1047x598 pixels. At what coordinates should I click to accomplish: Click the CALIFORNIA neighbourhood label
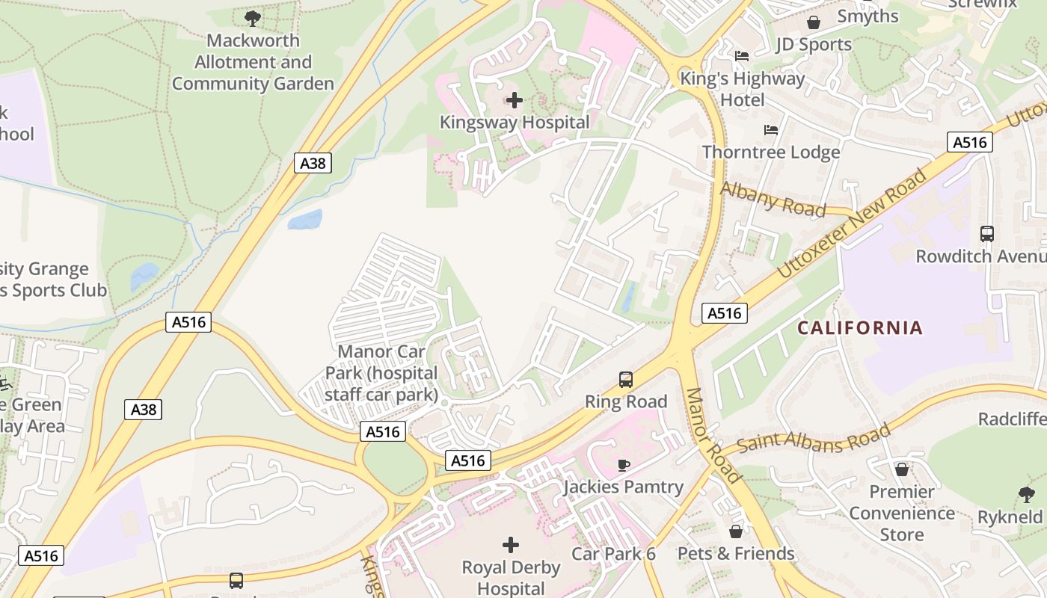pyautogui.click(x=859, y=327)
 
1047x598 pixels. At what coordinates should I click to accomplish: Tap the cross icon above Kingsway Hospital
pyautogui.click(x=515, y=99)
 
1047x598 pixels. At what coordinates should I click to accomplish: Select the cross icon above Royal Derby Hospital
pyautogui.click(x=511, y=545)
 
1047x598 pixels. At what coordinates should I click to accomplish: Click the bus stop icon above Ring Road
pyautogui.click(x=626, y=380)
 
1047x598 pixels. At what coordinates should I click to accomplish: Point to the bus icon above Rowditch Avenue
pyautogui.click(x=986, y=234)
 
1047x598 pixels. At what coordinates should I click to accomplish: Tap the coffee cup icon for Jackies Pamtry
pyautogui.click(x=623, y=466)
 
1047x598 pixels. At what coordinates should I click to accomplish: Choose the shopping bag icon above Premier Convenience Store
pyautogui.click(x=902, y=469)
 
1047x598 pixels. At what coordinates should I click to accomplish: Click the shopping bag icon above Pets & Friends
pyautogui.click(x=736, y=531)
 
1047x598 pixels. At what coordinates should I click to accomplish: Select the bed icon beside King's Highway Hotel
pyautogui.click(x=742, y=56)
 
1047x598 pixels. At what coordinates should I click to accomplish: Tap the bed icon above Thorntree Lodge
pyautogui.click(x=771, y=130)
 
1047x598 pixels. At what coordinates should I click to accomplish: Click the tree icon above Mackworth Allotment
pyautogui.click(x=253, y=18)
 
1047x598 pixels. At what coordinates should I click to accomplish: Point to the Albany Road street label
pyautogui.click(x=773, y=199)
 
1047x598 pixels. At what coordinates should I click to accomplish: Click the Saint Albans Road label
pyautogui.click(x=814, y=438)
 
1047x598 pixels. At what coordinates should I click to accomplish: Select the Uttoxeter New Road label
pyautogui.click(x=853, y=224)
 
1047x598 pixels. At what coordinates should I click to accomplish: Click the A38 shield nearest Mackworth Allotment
pyautogui.click(x=313, y=163)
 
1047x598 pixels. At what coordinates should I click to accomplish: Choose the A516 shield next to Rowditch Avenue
pyautogui.click(x=969, y=142)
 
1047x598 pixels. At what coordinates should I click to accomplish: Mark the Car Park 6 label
pyautogui.click(x=613, y=554)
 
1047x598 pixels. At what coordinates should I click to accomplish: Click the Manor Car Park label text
pyautogui.click(x=381, y=373)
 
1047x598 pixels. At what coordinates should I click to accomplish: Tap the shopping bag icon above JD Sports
pyautogui.click(x=813, y=22)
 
